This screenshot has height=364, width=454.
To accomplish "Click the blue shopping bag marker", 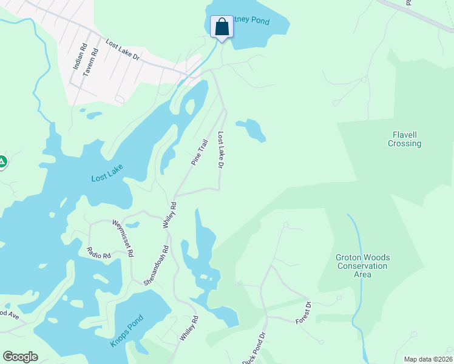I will (221, 27).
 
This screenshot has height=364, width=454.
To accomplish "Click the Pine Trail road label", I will (199, 153).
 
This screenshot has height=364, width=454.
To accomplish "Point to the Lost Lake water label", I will (107, 178).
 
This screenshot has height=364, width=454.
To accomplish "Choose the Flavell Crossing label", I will (404, 139).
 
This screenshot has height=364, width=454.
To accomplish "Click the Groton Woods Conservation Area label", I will (362, 266).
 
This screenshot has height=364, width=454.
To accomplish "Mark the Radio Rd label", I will (98, 253).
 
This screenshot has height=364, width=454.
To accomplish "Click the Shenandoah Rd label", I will (155, 266).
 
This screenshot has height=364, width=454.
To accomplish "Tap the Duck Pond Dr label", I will (255, 348).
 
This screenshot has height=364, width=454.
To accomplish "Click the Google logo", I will (20, 357).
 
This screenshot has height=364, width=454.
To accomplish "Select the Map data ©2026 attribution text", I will (428, 359).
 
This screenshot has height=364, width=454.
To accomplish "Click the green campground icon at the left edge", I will (2, 161).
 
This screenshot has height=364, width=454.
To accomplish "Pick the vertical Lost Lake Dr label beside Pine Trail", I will (222, 150).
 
